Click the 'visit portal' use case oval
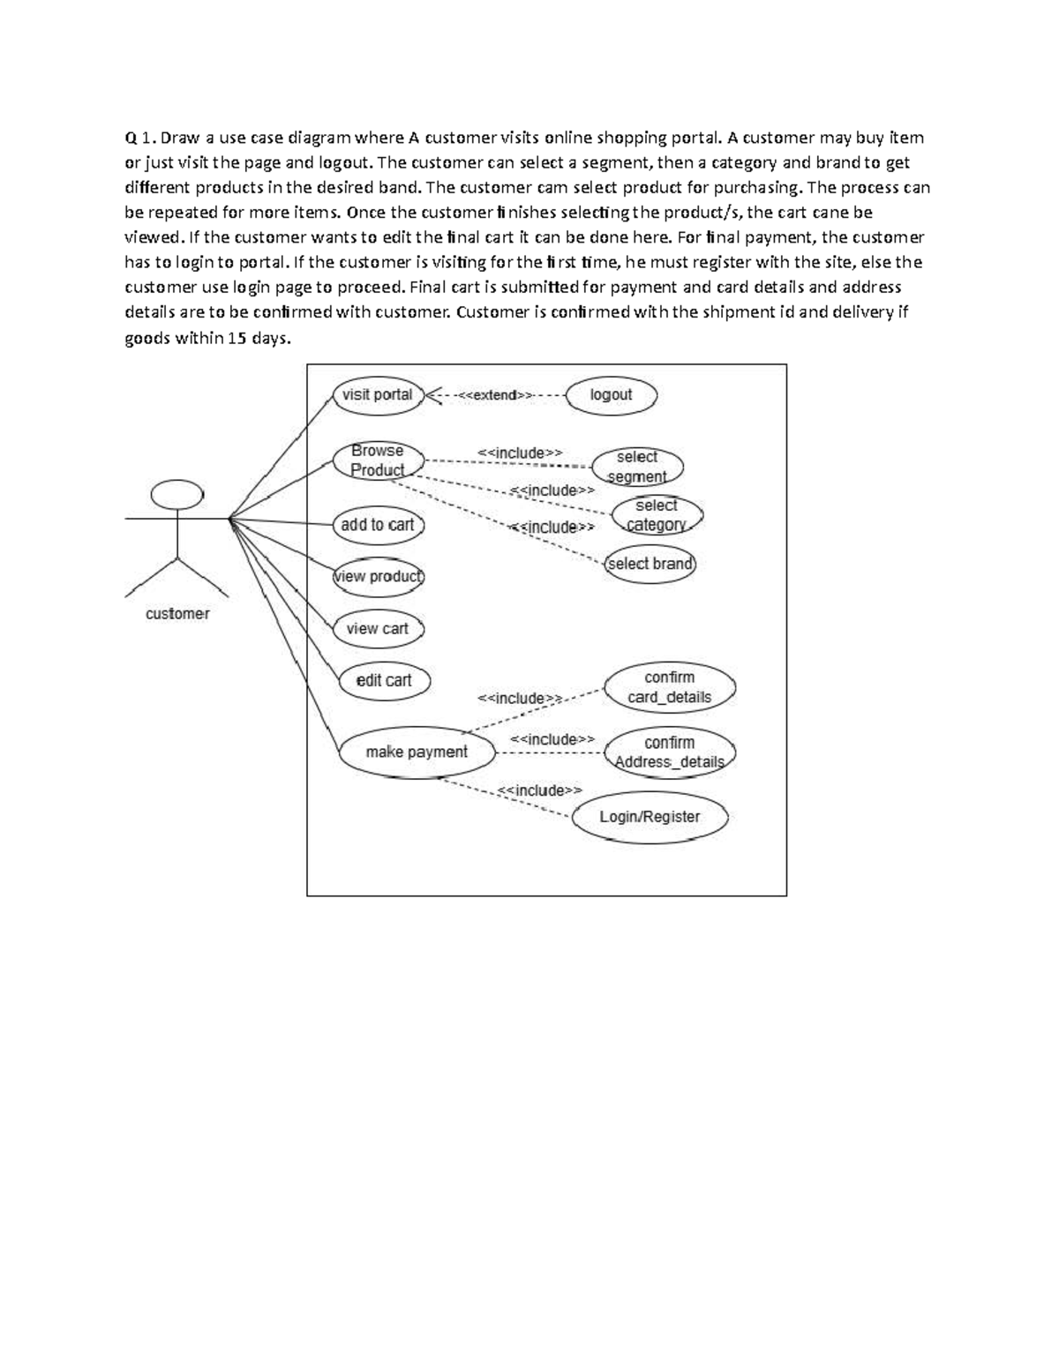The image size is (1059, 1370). click(378, 395)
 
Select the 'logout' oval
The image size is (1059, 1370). click(611, 395)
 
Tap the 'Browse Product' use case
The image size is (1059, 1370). click(378, 460)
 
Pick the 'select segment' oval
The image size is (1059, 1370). click(637, 467)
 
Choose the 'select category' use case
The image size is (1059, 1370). click(657, 515)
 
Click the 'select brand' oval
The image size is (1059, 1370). click(650, 564)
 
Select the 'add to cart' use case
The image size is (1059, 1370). click(378, 525)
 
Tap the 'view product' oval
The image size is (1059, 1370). click(378, 577)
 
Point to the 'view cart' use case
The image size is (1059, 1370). click(378, 629)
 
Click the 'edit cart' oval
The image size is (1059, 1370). click(384, 680)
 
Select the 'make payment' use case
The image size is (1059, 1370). click(417, 752)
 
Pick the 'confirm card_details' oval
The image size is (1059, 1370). click(669, 687)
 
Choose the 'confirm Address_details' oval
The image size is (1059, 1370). click(669, 752)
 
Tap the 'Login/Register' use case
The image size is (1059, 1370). click(650, 817)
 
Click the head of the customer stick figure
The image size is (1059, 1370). click(177, 494)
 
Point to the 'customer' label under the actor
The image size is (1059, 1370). click(177, 614)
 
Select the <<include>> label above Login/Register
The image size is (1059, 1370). click(539, 790)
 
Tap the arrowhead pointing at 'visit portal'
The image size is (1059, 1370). click(432, 395)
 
